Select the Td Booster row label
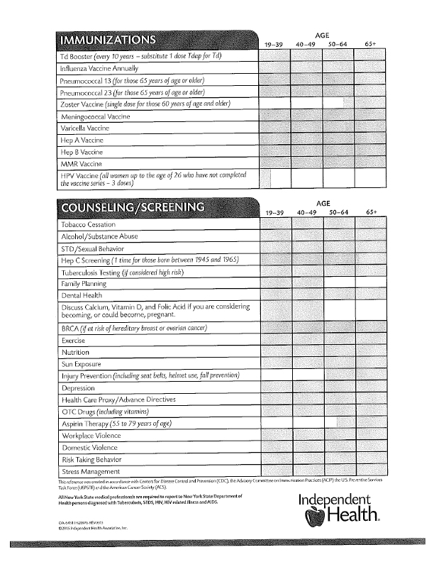pos(142,56)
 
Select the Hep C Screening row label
pos(150,260)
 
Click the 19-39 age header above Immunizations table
pos(274,45)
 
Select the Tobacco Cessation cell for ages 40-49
pos(306,225)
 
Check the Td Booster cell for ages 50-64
pos(339,56)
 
